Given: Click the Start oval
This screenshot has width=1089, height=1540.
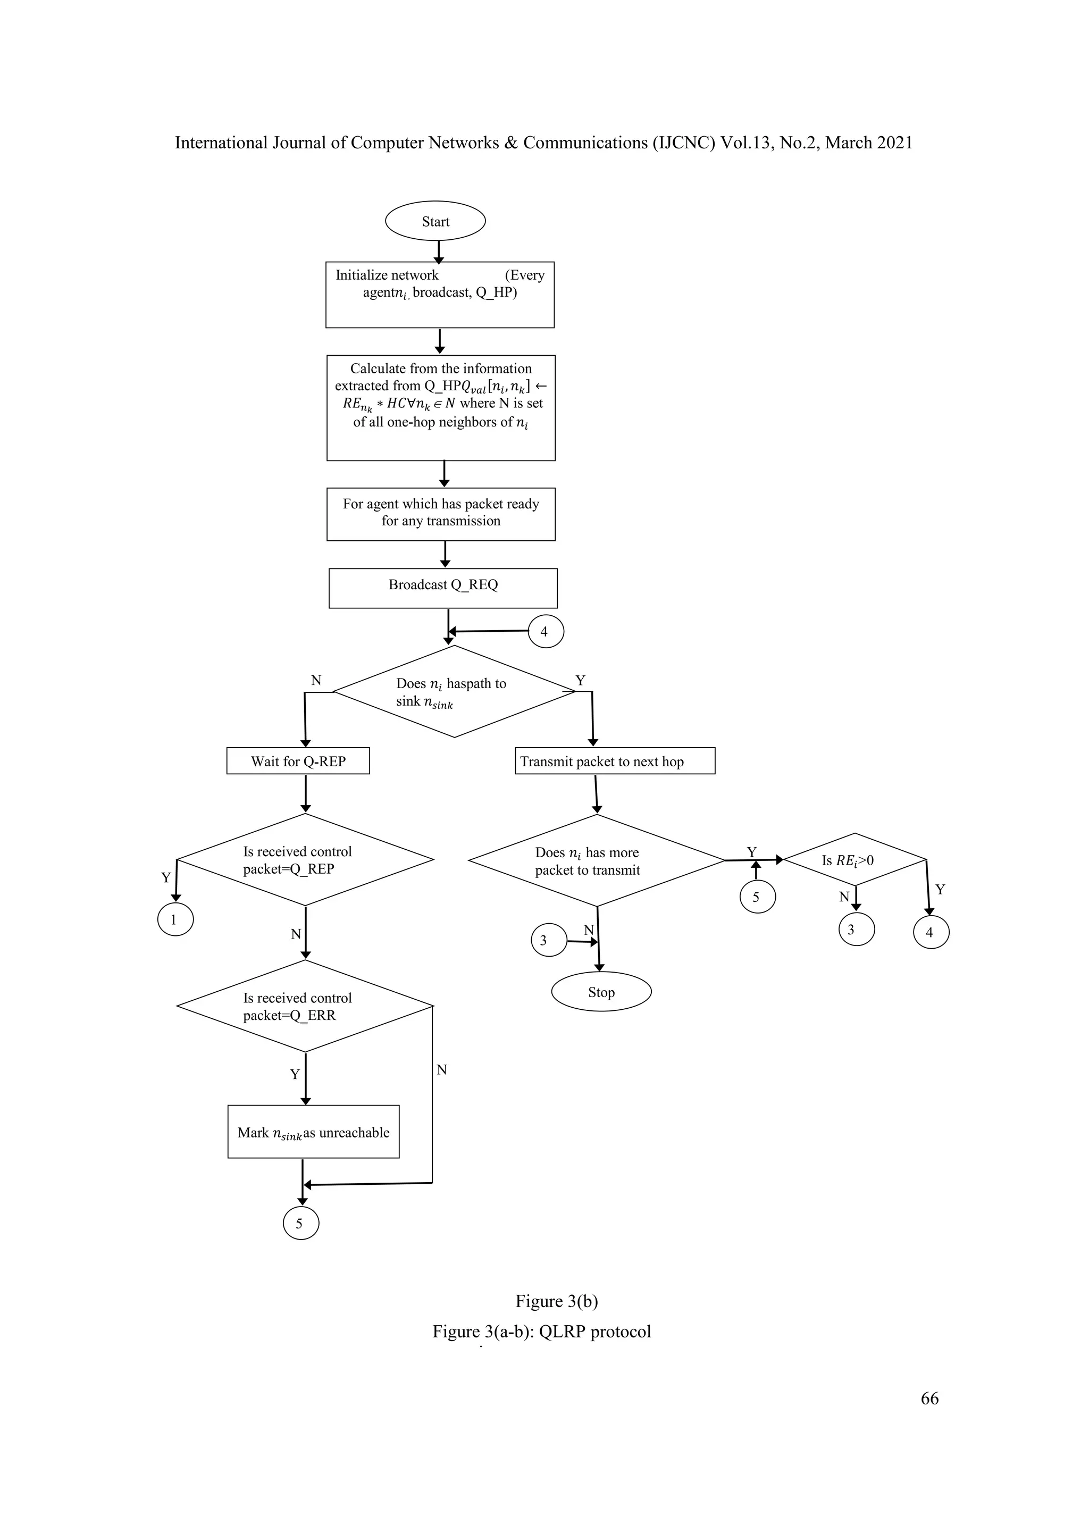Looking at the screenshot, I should tap(435, 221).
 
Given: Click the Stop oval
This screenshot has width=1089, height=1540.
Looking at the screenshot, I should tap(601, 992).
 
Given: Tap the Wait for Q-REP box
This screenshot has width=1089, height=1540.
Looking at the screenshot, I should tap(298, 760).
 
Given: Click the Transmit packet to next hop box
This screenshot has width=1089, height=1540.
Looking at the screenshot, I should tap(614, 760).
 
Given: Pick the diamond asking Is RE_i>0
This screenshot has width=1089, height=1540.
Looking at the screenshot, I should tap(855, 859).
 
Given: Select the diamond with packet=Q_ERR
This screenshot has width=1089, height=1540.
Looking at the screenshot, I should tap(305, 1006).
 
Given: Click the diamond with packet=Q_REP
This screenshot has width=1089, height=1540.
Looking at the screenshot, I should tap(305, 859).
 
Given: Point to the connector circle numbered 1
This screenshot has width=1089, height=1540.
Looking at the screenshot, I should tap(175, 919).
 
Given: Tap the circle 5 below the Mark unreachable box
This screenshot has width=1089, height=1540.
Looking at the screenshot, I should tap(300, 1224).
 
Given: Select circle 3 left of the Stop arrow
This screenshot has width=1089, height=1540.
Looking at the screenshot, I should tap(549, 940).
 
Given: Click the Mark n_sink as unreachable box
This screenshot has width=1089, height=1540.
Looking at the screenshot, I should tap(313, 1132).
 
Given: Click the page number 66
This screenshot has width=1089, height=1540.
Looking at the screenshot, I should tap(929, 1398).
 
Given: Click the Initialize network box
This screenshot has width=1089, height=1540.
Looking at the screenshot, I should tap(439, 295).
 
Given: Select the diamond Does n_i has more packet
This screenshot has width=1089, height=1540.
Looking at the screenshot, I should tap(596, 860).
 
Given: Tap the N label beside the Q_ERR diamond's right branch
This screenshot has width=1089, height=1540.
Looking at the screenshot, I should tap(441, 1070).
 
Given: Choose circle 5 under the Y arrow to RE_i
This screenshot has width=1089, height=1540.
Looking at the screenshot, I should tap(757, 897).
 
